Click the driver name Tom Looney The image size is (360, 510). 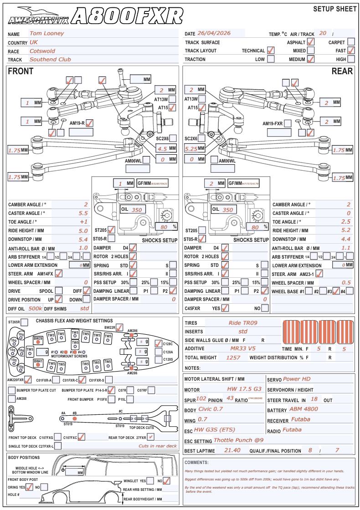pyautogui.click(x=46, y=33)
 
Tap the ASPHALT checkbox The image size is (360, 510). pyautogui.click(x=311, y=41)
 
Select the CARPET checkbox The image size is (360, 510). pyautogui.click(x=351, y=41)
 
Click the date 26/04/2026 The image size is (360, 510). pyautogui.click(x=214, y=33)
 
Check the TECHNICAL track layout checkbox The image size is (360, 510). pyautogui.click(x=271, y=50)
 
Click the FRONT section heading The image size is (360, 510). pyautogui.click(x=21, y=71)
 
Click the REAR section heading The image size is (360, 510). pyautogui.click(x=342, y=71)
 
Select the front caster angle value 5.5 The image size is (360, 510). pyautogui.click(x=83, y=213)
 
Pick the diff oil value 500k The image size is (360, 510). pyautogui.click(x=36, y=308)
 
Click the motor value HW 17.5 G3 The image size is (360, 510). pyautogui.click(x=244, y=389)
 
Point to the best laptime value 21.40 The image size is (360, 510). pyautogui.click(x=233, y=450)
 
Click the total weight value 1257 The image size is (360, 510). pyautogui.click(x=233, y=357)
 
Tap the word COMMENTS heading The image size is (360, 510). pyautogui.click(x=197, y=463)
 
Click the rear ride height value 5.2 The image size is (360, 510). pyautogui.click(x=346, y=230)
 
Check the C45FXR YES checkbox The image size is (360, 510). pyautogui.click(x=224, y=308)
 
